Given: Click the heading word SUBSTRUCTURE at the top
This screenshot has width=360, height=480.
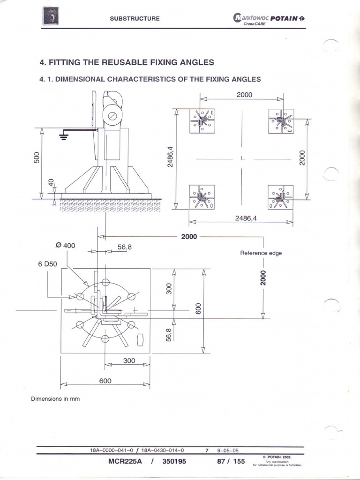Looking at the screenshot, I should pyautogui.click(x=135, y=18).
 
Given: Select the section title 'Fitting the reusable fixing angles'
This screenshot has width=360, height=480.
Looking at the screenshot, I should pyautogui.click(x=127, y=62).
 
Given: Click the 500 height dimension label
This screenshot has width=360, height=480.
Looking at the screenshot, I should pyautogui.click(x=37, y=158).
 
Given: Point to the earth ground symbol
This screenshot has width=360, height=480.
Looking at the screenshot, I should pyautogui.click(x=62, y=136).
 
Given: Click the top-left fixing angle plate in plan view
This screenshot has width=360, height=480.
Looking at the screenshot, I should pyautogui.click(x=202, y=121).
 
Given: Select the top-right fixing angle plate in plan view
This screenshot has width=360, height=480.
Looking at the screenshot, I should pyautogui.click(x=281, y=121).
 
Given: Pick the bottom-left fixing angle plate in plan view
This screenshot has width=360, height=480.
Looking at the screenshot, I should pyautogui.click(x=202, y=197).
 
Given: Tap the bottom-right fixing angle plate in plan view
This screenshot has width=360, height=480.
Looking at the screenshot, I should pyautogui.click(x=281, y=197).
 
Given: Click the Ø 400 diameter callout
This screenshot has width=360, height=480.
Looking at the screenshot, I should pyautogui.click(x=65, y=246).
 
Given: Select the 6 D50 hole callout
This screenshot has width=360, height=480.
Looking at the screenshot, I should pyautogui.click(x=47, y=264).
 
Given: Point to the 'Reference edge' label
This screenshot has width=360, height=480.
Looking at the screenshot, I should pyautogui.click(x=261, y=253).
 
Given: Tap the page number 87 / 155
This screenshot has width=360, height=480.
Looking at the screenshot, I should pyautogui.click(x=231, y=461).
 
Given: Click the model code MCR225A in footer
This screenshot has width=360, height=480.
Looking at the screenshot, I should pyautogui.click(x=125, y=461).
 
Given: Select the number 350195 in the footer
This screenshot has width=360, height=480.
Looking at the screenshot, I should pyautogui.click(x=174, y=461).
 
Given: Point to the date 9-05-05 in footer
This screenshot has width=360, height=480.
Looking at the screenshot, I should pyautogui.click(x=228, y=450).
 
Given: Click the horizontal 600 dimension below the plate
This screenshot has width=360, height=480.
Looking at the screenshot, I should pyautogui.click(x=105, y=381).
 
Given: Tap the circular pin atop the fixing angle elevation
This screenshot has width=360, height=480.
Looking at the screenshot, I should pyautogui.click(x=112, y=114).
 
